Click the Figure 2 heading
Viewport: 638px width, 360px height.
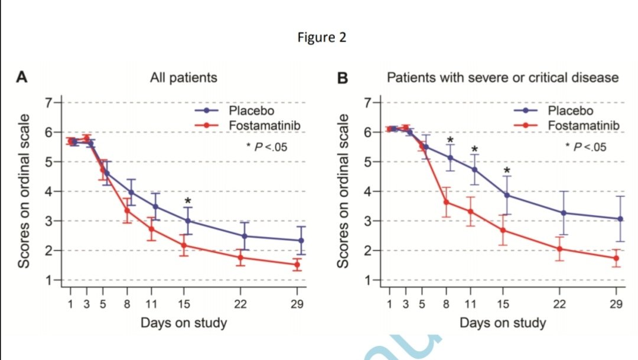pyautogui.click(x=322, y=38)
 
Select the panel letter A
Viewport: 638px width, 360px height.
pyautogui.click(x=22, y=77)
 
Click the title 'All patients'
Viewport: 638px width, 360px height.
pyautogui.click(x=183, y=77)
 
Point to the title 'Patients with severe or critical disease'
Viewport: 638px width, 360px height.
pyautogui.click(x=502, y=77)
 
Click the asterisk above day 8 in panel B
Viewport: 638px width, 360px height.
pyautogui.click(x=450, y=141)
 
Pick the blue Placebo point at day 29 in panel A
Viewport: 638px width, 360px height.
pyautogui.click(x=301, y=241)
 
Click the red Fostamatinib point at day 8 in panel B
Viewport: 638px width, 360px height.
pyautogui.click(x=447, y=202)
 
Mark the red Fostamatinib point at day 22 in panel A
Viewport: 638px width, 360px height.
pyautogui.click(x=240, y=257)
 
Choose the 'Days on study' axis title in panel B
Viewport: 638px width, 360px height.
pyautogui.click(x=503, y=323)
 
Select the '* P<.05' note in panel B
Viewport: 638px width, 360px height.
pyautogui.click(x=585, y=147)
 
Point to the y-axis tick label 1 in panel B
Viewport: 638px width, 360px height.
pyautogui.click(x=369, y=280)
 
